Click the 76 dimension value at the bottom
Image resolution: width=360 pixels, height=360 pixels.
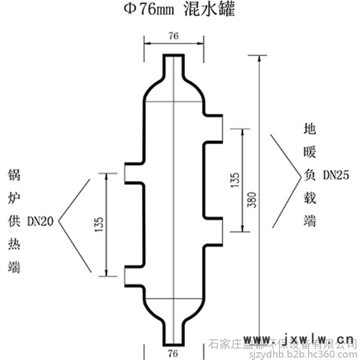click(x=174, y=353)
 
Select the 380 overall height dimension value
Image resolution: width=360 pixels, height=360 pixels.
click(x=254, y=199)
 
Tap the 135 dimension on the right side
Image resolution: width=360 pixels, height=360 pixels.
click(x=235, y=180)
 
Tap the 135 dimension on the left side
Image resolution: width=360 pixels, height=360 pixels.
click(x=100, y=225)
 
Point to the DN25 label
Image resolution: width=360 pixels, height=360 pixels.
click(x=335, y=175)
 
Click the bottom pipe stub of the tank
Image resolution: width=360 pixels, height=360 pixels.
click(x=174, y=331)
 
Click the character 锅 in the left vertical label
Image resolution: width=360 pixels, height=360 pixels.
click(x=14, y=175)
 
